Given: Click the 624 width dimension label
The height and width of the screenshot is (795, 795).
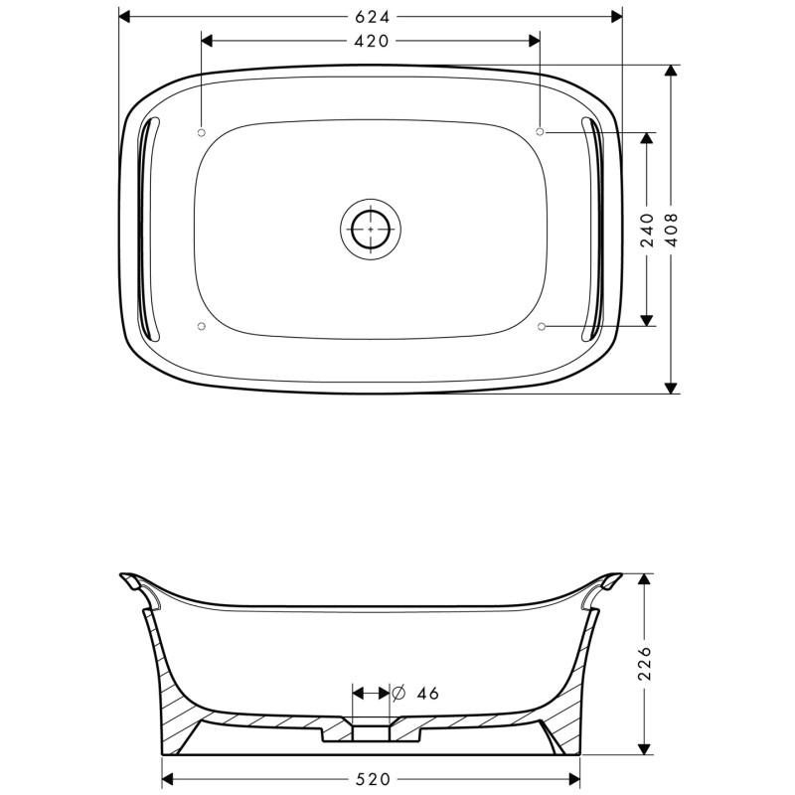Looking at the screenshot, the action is pos(372,17).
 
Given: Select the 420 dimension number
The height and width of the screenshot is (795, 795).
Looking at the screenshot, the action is pos(371,41).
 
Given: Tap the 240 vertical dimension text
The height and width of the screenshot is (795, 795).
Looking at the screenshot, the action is pos(648,230).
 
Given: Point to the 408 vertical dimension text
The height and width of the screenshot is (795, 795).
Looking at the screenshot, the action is pos(672,230).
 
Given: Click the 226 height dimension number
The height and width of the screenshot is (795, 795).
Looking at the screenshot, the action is pos(644,663).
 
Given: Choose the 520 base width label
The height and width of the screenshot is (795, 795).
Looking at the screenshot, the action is pos(373,779).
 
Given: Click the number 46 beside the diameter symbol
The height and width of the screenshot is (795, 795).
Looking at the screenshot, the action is pos(428,693).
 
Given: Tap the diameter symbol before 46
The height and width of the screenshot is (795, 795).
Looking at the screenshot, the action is pos(399,693).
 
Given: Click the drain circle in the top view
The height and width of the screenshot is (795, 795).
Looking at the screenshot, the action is pos(371,230).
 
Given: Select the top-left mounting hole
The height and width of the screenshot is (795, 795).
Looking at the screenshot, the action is pos(201,132).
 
